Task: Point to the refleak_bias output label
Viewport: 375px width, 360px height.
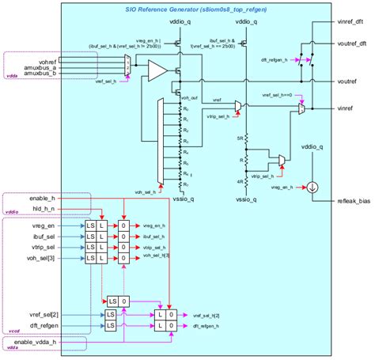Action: (351, 200)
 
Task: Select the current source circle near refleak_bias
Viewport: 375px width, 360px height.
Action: (315, 187)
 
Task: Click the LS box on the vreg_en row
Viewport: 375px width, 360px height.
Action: (90, 225)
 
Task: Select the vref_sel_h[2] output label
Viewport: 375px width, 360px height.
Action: (208, 314)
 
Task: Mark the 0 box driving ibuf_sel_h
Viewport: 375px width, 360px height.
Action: (123, 236)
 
